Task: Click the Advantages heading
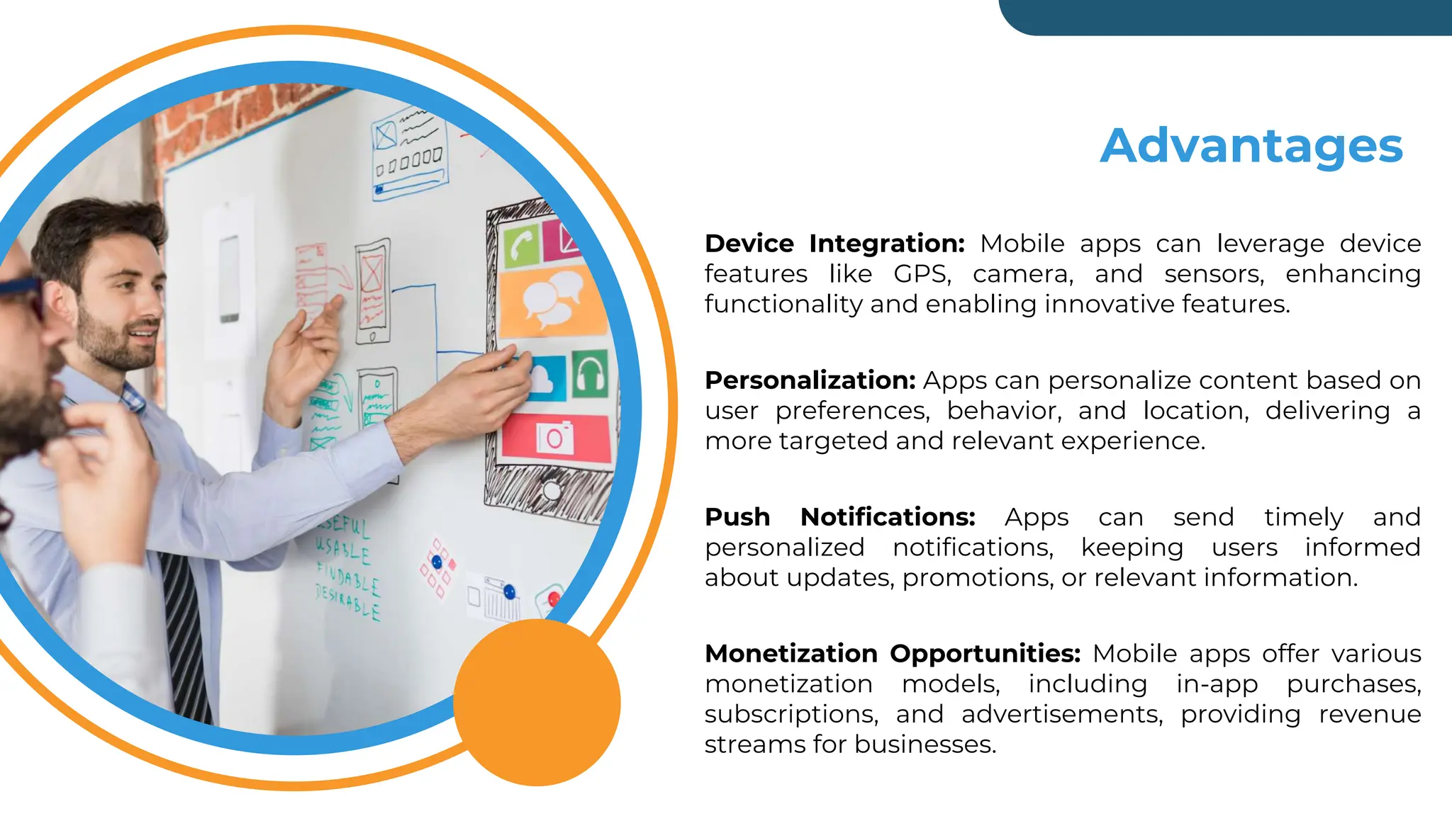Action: pyautogui.click(x=1251, y=146)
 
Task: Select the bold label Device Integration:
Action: pyautogui.click(x=834, y=244)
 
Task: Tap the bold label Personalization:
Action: pyautogui.click(x=810, y=380)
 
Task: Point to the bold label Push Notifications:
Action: pyautogui.click(x=839, y=517)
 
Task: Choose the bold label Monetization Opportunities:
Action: pyautogui.click(x=892, y=653)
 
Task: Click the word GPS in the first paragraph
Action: pyautogui.click(x=921, y=274)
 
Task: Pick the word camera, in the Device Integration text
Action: pyautogui.click(x=1023, y=274)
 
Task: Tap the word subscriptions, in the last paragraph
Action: pyautogui.click(x=791, y=714)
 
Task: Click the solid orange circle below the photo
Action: pyautogui.click(x=537, y=702)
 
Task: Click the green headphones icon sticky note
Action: pyautogui.click(x=590, y=373)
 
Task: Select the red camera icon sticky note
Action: pyautogui.click(x=555, y=437)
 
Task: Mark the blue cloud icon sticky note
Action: pyautogui.click(x=544, y=379)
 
